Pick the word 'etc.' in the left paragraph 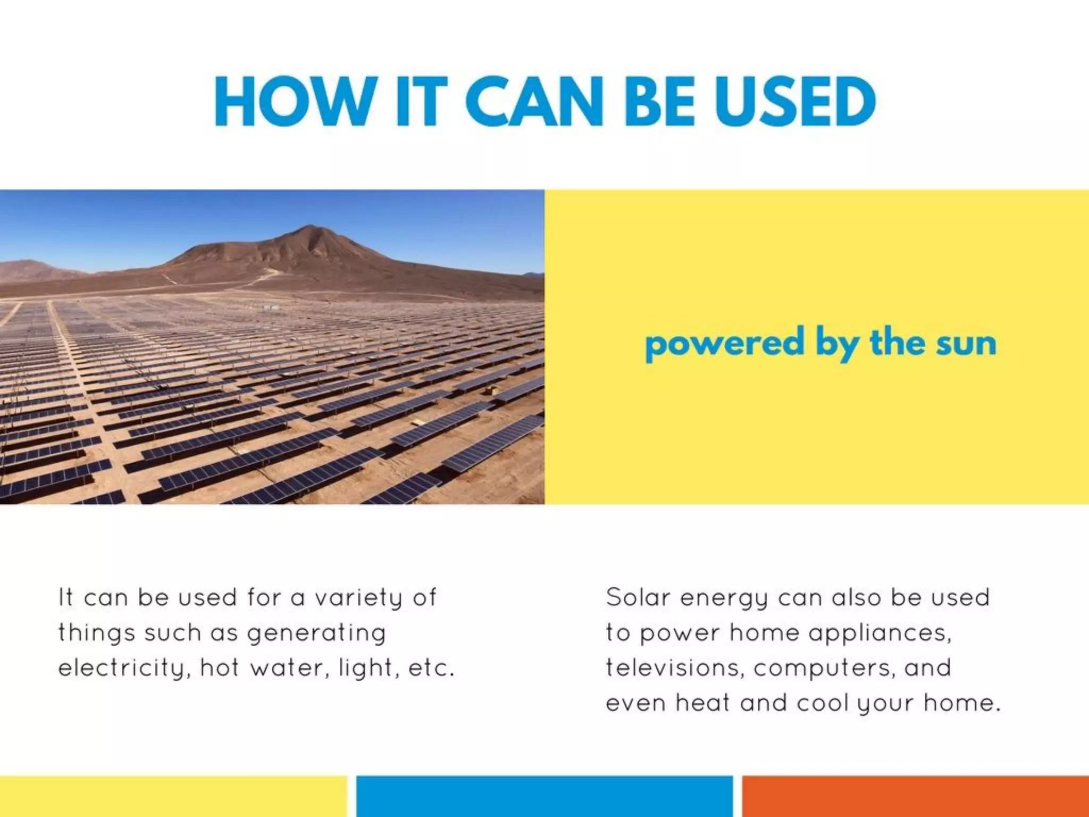coord(431,668)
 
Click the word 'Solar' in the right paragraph coord(638,597)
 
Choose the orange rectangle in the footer coord(915,796)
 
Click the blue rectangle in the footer coord(544,796)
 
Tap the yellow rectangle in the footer coord(173,796)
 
